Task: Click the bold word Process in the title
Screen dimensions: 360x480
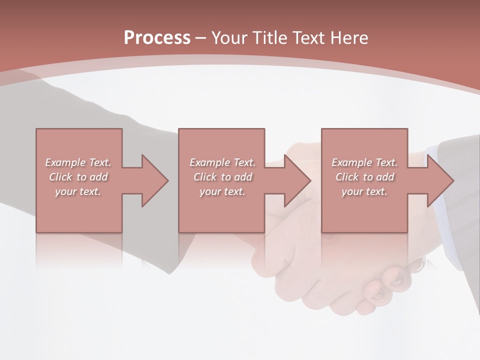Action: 157,37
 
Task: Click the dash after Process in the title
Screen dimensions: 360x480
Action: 200,38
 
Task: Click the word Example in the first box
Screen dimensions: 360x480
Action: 65,162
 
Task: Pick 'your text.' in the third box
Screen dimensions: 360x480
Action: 364,191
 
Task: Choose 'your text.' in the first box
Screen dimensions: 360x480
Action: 78,191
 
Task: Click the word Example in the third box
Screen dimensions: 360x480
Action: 351,162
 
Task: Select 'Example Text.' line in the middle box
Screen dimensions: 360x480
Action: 222,162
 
